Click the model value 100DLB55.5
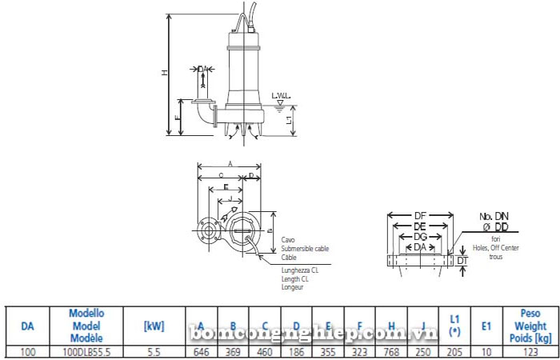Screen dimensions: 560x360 (x=86, y=352)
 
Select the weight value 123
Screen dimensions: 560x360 (x=525, y=352)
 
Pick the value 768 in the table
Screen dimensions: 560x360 (x=391, y=352)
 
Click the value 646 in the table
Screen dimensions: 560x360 (x=201, y=352)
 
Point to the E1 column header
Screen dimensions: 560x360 (x=486, y=326)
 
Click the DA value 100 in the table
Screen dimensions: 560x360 (x=28, y=352)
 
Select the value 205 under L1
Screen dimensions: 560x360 (x=454, y=352)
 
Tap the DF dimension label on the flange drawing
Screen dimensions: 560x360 (x=421, y=216)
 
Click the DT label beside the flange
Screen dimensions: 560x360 (x=462, y=261)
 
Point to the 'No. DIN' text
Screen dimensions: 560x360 (x=494, y=217)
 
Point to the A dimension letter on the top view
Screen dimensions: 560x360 (x=230, y=162)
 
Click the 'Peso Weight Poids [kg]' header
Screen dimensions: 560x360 (x=525, y=326)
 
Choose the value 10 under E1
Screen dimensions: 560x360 (x=486, y=352)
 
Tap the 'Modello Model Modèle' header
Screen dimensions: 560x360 (x=86, y=326)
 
